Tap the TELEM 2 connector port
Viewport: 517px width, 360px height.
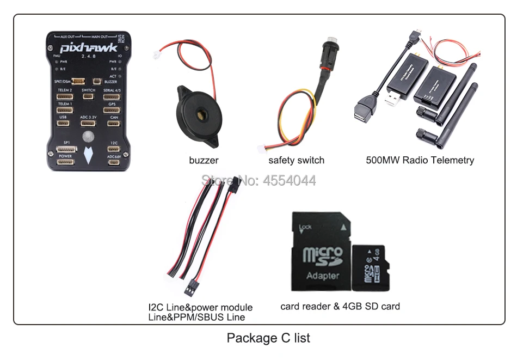pos(64,97)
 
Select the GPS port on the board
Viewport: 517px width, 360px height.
pos(112,110)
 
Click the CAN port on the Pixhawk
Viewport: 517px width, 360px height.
pos(114,123)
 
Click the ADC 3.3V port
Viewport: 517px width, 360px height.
pos(88,123)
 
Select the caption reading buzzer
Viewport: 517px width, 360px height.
pos(204,160)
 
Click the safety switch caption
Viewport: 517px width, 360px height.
pos(296,160)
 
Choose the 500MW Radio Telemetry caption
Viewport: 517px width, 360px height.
pos(420,160)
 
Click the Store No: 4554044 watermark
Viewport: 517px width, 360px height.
pos(258,181)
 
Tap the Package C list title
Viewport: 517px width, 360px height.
pos(268,338)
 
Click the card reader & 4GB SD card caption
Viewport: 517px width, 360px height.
pos(340,306)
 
